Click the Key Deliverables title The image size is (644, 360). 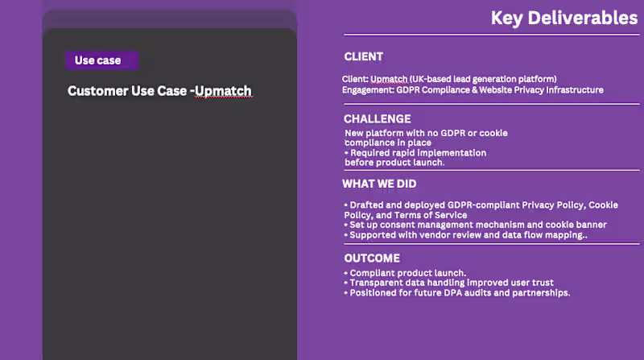(563, 18)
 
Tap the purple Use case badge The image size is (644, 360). (101, 60)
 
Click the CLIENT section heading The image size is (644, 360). (363, 57)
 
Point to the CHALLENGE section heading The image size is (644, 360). (377, 119)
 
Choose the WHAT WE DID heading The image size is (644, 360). (379, 184)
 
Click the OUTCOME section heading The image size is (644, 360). (371, 259)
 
